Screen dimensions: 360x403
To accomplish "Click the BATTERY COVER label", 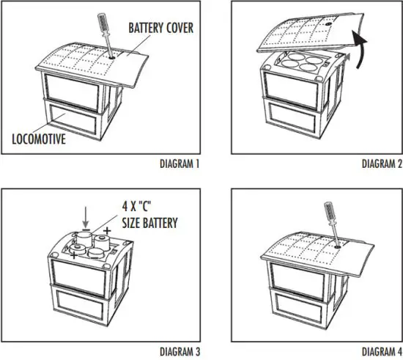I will (x=160, y=29).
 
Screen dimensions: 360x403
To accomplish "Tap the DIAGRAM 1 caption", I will (x=180, y=164).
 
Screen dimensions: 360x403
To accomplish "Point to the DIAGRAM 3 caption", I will (x=180, y=351).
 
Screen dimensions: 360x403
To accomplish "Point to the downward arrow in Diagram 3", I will (x=86, y=216).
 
